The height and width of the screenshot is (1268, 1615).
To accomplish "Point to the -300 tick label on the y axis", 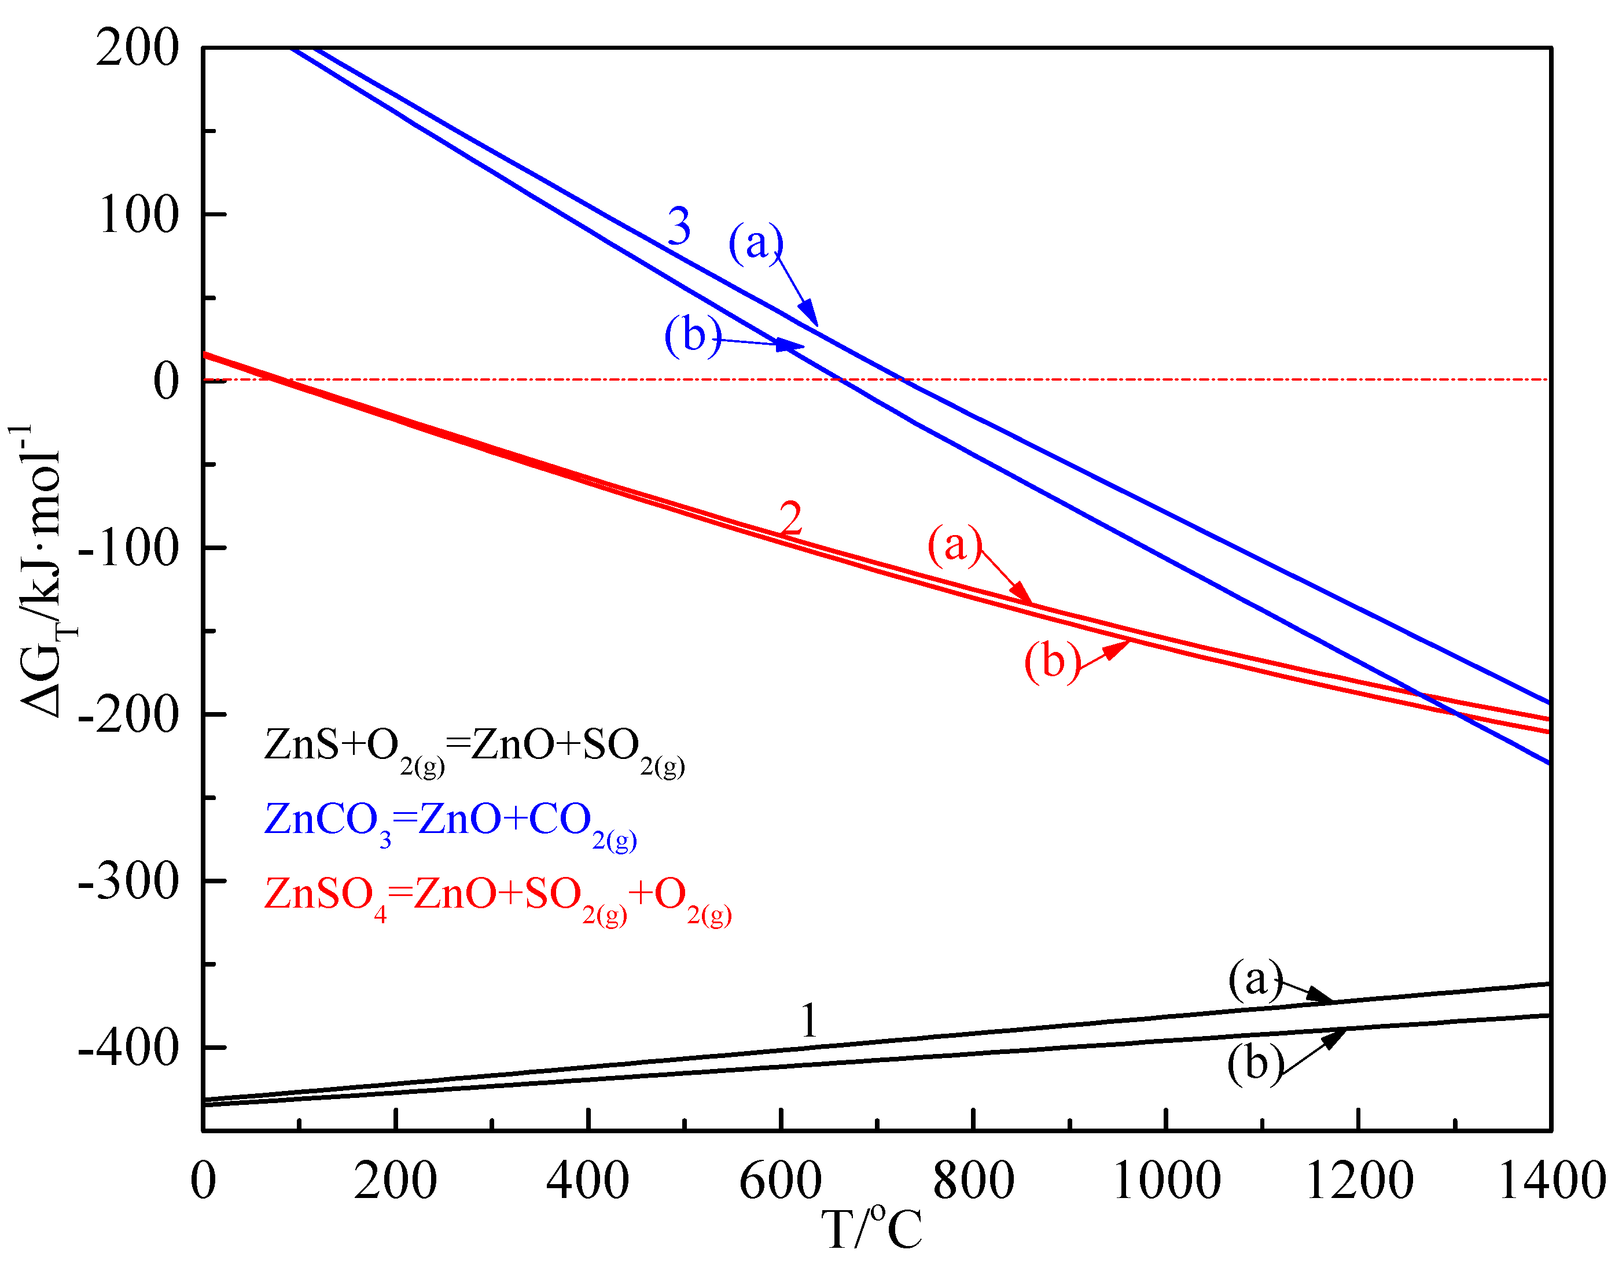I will (x=129, y=882).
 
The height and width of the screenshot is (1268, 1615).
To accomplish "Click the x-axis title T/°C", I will (x=871, y=1229).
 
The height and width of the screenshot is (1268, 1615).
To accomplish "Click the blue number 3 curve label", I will (x=679, y=226).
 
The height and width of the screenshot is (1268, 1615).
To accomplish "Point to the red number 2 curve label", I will (x=791, y=518).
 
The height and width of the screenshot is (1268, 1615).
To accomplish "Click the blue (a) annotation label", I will (x=755, y=243).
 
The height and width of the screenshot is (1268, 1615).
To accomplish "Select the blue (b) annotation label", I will (x=692, y=335).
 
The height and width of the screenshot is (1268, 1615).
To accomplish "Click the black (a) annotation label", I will (x=1255, y=979).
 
